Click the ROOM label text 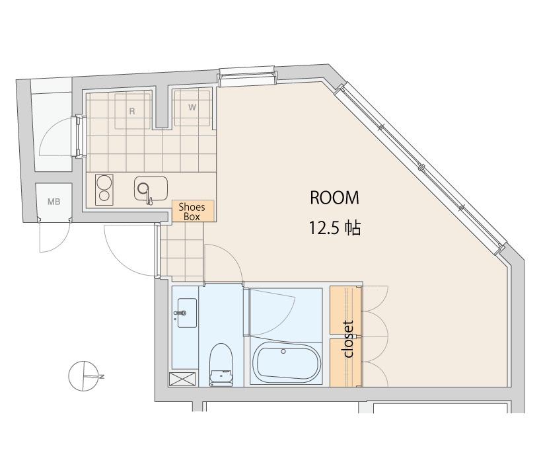pos(334,198)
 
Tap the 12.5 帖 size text pos(335,227)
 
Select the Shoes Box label pos(192,212)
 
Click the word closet pos(348,339)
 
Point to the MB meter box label pos(54,202)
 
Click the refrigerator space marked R pos(132,111)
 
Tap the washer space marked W pos(192,108)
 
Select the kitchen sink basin pos(151,188)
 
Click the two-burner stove pos(104,190)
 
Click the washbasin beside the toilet pos(187,313)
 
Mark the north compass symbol pos(84,376)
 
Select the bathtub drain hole pos(283,351)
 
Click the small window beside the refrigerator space pos(79,136)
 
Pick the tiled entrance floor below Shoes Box pos(182,252)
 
